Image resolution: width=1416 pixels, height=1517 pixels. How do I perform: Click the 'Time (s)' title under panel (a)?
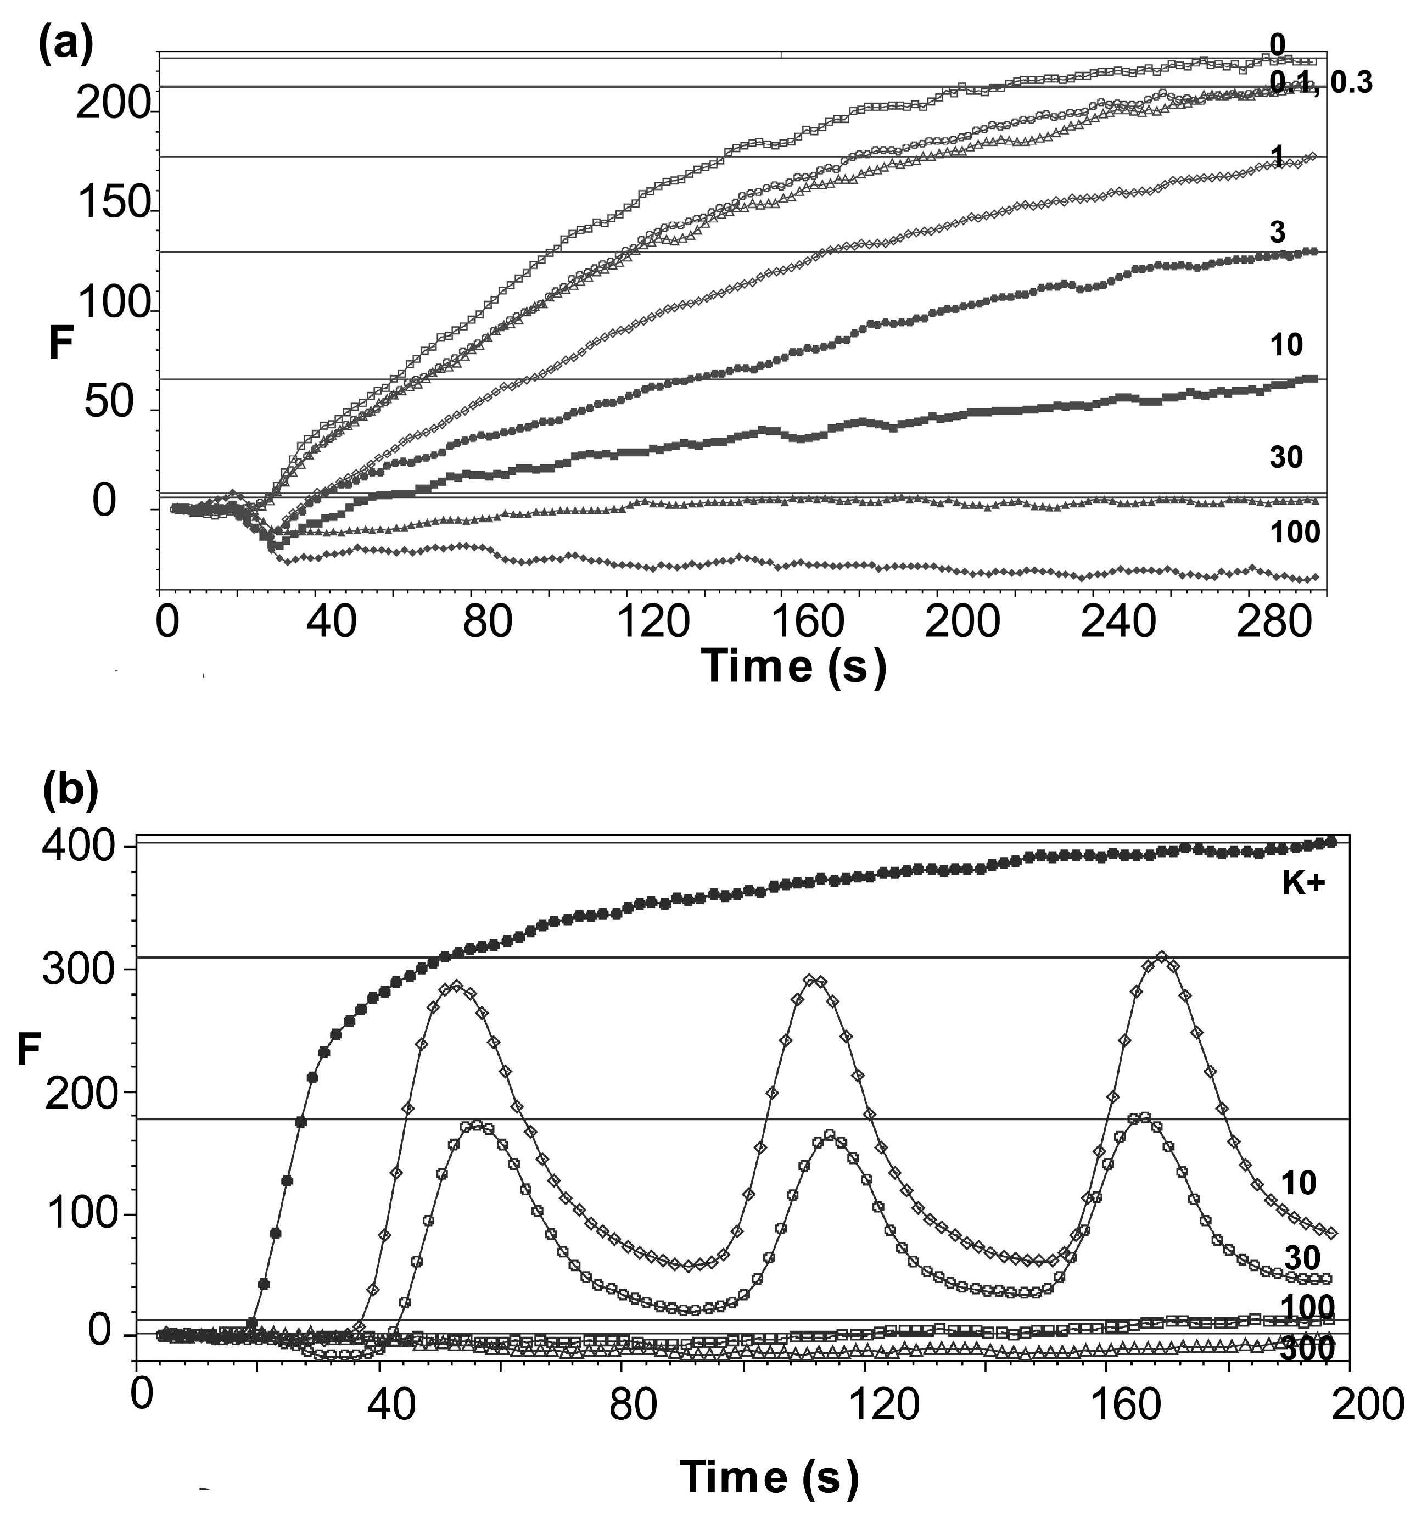tap(793, 665)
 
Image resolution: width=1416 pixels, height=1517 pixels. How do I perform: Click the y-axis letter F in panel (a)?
tap(61, 344)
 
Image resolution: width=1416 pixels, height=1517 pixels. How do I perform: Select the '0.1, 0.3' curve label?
tap(1320, 82)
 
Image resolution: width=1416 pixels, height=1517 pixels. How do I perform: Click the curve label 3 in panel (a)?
tap(1277, 232)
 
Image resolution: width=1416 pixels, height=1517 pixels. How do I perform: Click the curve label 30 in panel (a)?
tap(1285, 457)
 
